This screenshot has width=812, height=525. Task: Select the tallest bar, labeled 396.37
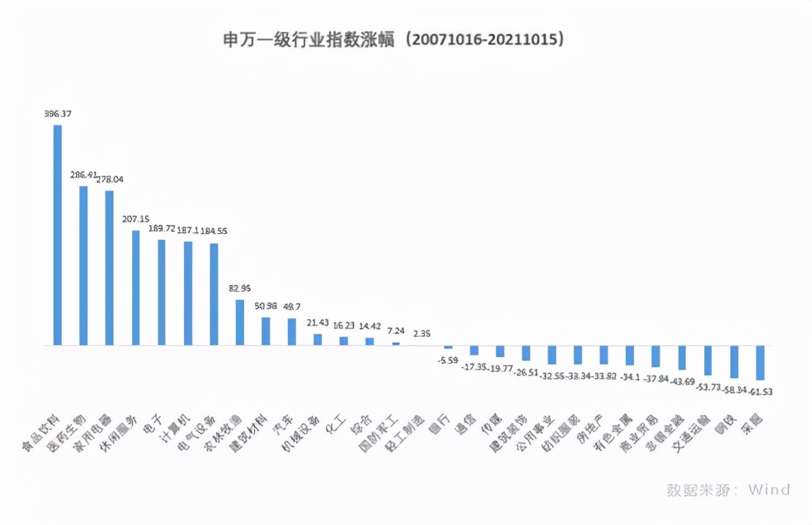click(x=57, y=235)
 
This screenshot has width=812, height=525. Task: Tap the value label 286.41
click(x=84, y=175)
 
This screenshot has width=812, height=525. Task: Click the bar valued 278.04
click(x=109, y=268)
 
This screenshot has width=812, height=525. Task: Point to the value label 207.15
click(x=136, y=219)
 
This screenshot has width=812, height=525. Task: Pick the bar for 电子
click(x=161, y=292)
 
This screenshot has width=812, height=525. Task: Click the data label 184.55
click(x=214, y=231)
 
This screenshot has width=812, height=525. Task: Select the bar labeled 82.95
click(x=240, y=322)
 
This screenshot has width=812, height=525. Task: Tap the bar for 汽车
click(x=292, y=331)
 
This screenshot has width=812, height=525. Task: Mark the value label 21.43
click(x=317, y=323)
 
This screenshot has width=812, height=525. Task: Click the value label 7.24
click(x=396, y=331)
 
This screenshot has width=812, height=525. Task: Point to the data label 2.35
click(x=422, y=334)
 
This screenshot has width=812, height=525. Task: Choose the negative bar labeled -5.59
click(x=448, y=347)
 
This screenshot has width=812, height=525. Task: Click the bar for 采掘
click(x=760, y=362)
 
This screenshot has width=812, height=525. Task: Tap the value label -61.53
click(x=759, y=392)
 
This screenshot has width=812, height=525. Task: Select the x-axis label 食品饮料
click(x=42, y=433)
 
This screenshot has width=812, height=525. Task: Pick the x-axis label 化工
click(x=335, y=424)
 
